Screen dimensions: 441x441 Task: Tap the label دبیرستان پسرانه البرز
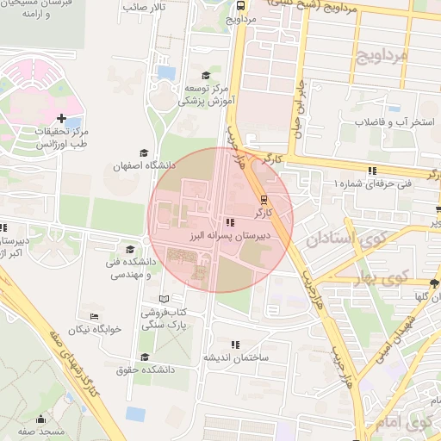232,233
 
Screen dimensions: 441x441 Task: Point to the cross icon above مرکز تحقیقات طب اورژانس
60,118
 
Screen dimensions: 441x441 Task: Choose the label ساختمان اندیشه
236,357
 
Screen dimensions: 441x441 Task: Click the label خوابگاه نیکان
96,328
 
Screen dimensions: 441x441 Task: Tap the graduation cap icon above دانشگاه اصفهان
143,152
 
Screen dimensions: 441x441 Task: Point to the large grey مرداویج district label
379,59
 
